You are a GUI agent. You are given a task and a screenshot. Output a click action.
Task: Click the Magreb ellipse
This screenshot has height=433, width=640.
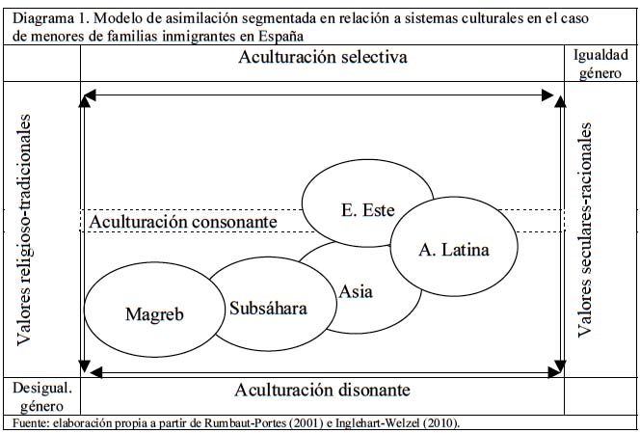coord(154,313)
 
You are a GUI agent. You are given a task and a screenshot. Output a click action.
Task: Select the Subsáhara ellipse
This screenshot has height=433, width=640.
coord(268,309)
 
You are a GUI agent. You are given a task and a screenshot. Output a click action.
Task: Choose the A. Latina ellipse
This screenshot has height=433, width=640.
coord(453,249)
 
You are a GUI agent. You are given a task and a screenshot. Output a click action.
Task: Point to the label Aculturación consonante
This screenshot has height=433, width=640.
coord(182,223)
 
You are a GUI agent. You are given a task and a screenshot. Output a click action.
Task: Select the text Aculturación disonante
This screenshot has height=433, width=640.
coord(323,391)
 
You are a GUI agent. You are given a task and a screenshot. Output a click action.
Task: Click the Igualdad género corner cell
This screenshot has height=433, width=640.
coord(600,64)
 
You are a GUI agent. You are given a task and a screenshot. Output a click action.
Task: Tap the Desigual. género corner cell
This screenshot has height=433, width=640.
coord(40,395)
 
